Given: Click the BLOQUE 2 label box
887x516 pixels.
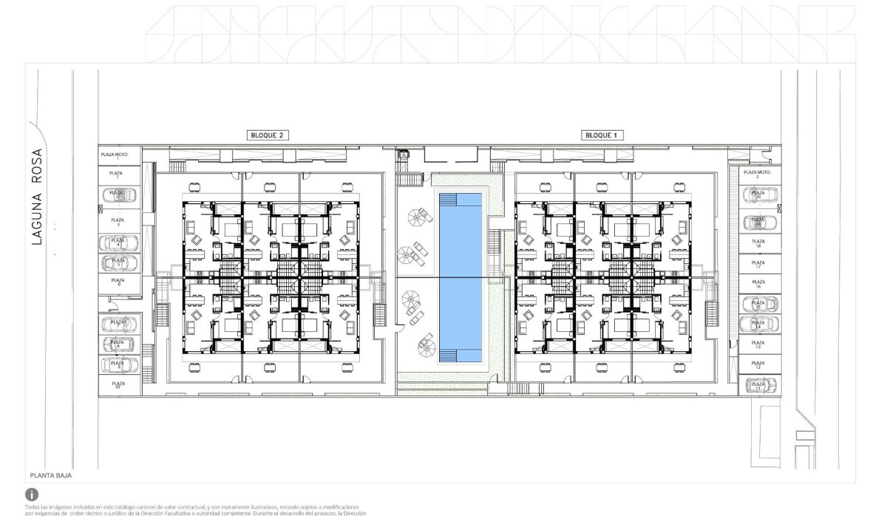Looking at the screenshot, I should coord(268,135).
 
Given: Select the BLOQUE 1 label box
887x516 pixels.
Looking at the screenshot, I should coord(599,135).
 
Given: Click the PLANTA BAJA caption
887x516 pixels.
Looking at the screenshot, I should coord(51,477).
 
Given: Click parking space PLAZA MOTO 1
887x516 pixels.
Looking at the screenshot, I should coord(115,156).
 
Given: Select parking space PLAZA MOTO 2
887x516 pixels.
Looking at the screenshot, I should coord(759,174).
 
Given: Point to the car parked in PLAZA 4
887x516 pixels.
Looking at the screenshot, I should coord(115,242).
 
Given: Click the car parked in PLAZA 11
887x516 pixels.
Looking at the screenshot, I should coord(759,384).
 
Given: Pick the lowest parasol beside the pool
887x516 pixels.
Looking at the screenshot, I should coord(425,342).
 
